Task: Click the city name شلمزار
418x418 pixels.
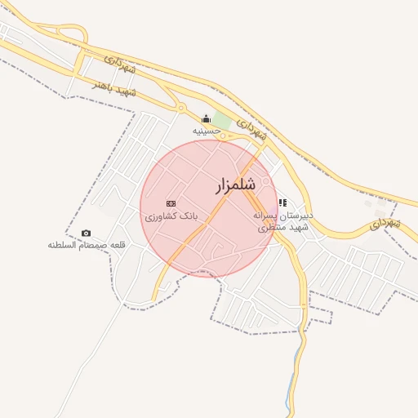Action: (x=237, y=185)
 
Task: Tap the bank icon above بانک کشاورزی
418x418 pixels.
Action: (x=171, y=203)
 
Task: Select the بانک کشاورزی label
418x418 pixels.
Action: (x=171, y=217)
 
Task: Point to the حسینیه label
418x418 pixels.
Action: (x=207, y=131)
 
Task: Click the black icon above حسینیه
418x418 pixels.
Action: (x=206, y=118)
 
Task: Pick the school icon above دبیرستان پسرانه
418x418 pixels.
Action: (x=282, y=202)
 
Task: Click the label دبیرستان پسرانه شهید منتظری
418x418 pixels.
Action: (x=284, y=221)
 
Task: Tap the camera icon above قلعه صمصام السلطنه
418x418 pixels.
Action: (x=87, y=233)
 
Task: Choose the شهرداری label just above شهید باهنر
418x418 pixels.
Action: (x=123, y=66)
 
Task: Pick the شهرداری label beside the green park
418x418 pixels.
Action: (x=252, y=127)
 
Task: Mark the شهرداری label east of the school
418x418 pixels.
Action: (x=384, y=222)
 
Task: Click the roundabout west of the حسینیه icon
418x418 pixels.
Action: (x=180, y=108)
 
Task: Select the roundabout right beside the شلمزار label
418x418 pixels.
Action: (x=265, y=181)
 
